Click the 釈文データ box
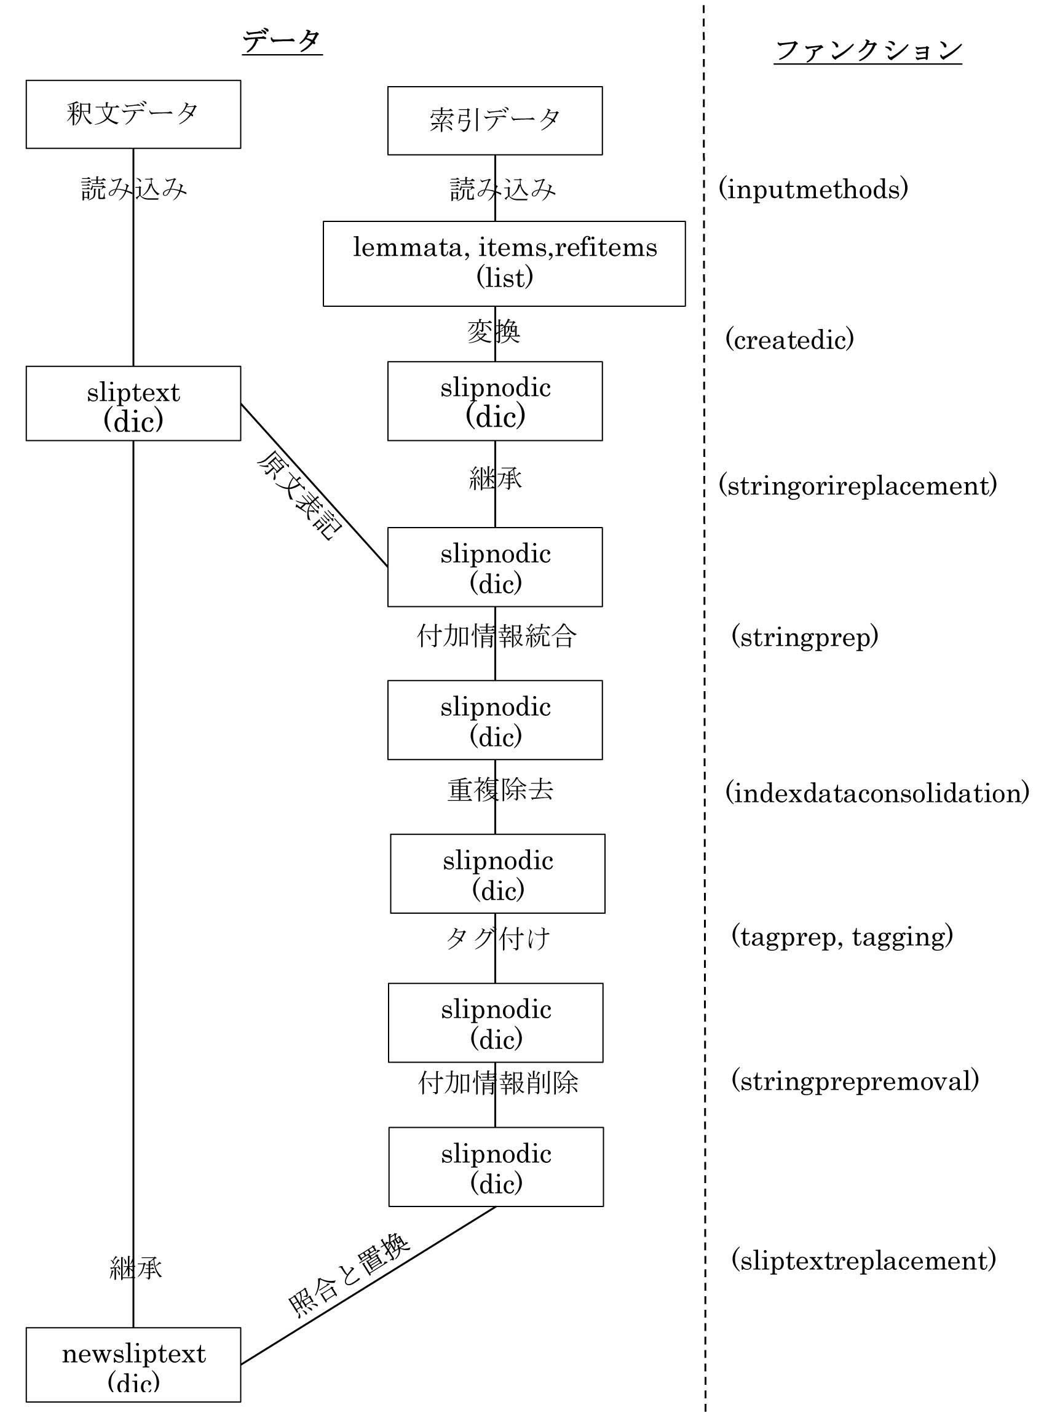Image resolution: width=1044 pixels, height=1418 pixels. coord(133,114)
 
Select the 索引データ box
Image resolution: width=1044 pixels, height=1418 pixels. coord(495,121)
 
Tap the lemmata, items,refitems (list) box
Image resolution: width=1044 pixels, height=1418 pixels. coord(504,264)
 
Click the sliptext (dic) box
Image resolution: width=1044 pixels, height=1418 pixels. coord(133,403)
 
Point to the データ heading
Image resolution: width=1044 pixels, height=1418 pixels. coord(282,42)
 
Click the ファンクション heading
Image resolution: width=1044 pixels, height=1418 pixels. coord(868,50)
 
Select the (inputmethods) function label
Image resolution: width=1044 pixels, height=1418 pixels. coord(813,189)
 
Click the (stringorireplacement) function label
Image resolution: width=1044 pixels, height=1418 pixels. coord(858,485)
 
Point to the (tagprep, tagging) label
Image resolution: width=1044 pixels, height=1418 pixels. coord(842,936)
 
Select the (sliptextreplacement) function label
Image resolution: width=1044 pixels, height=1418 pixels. coord(863,1258)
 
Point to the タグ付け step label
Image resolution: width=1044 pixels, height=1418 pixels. coord(498,938)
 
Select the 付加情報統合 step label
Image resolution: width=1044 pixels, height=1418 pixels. coord(496,636)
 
